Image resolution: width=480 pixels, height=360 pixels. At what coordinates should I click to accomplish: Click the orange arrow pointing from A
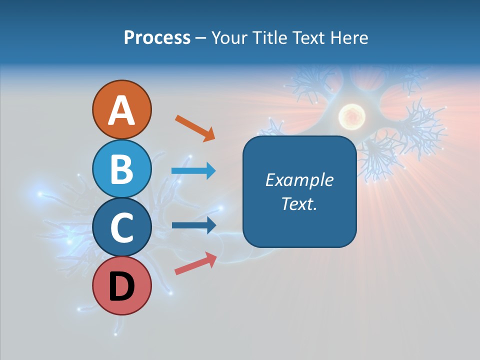pos(195,128)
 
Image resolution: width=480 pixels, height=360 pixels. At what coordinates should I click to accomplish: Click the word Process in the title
pos(157,38)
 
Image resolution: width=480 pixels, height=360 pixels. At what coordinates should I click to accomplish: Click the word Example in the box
pos(299,180)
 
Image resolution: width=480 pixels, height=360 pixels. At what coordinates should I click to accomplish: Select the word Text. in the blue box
pos(299,204)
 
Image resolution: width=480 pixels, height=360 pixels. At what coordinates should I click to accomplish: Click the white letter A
pos(121,111)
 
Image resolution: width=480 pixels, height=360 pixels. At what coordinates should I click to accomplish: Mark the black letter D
pos(121,287)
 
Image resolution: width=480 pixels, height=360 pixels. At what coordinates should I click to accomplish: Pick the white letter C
pos(121,228)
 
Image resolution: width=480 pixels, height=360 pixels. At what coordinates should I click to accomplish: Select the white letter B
pos(121,169)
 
